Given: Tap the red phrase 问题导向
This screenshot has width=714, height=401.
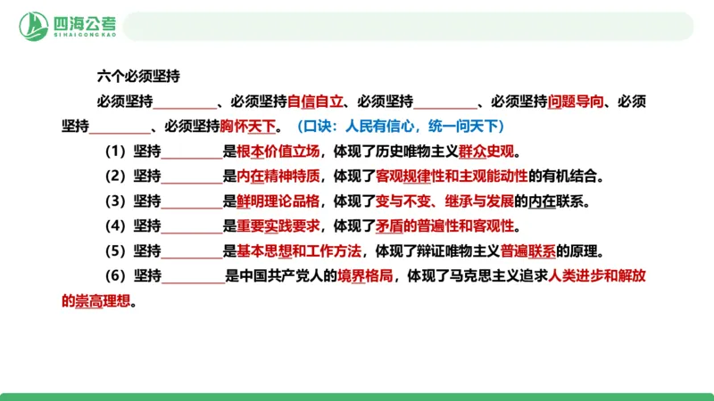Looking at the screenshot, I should [x=576, y=101].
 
